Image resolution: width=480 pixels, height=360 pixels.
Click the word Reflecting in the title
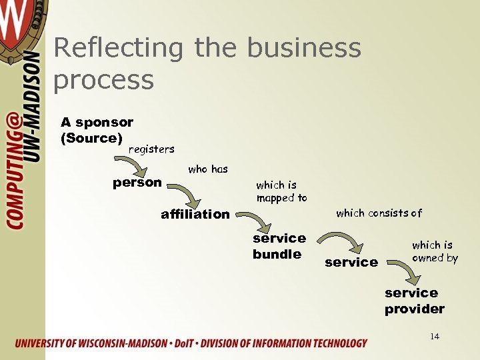click(x=117, y=49)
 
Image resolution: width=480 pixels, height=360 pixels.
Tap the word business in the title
click(x=304, y=48)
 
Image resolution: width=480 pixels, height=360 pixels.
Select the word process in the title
click(x=103, y=80)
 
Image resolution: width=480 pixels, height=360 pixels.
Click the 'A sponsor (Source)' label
click(x=97, y=130)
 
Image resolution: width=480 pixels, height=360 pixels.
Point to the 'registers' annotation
click(x=151, y=149)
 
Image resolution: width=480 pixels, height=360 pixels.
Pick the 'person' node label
click(x=137, y=182)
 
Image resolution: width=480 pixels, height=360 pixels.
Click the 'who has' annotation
click(x=208, y=169)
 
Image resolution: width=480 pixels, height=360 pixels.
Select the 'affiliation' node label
click(x=195, y=214)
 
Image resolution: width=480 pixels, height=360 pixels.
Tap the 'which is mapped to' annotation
click(x=281, y=191)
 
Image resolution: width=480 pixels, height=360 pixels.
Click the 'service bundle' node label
click(x=279, y=246)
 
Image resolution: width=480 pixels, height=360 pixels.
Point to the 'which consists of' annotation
click(x=379, y=213)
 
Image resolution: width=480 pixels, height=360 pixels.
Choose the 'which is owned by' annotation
click(x=435, y=251)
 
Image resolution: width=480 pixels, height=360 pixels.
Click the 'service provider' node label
click(x=414, y=301)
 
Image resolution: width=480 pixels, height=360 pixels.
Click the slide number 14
click(x=435, y=337)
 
